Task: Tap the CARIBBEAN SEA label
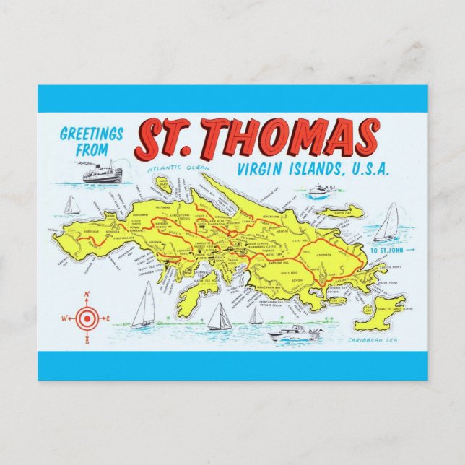click(373, 339)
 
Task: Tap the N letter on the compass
click(87, 295)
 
